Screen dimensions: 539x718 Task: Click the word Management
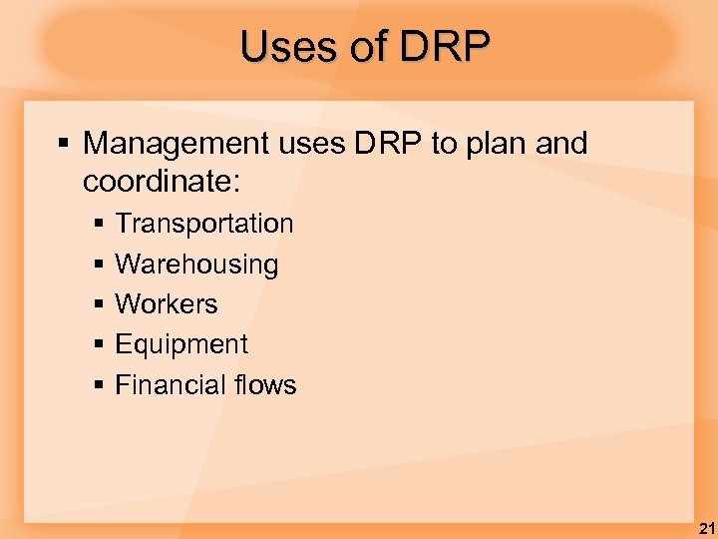tap(175, 145)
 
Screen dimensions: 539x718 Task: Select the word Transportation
tap(204, 224)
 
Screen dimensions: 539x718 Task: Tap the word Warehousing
tap(196, 265)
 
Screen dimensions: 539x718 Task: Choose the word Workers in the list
tap(167, 304)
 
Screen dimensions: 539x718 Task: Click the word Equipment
tap(181, 345)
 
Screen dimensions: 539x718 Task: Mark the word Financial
tap(172, 384)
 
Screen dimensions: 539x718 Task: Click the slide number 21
tap(704, 529)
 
